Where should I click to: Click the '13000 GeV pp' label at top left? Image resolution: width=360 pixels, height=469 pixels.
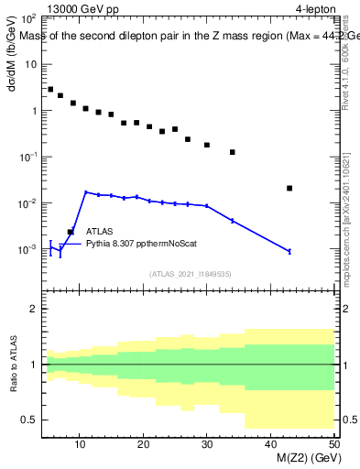point(84,10)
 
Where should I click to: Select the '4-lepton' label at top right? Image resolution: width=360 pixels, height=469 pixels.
point(314,10)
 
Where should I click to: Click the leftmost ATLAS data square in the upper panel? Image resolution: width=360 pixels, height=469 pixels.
point(50,90)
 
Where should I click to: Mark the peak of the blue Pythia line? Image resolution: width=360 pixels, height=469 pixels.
point(86,192)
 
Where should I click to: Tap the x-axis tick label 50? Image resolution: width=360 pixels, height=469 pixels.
point(333,444)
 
